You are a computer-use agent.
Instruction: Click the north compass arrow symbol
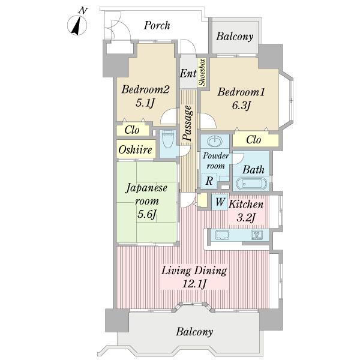(x=77, y=24)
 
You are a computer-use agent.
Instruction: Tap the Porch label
(x=157, y=25)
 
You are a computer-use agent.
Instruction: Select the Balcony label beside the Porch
(x=235, y=37)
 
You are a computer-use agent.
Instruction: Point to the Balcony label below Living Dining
(x=195, y=331)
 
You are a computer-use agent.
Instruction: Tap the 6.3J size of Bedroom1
(x=241, y=106)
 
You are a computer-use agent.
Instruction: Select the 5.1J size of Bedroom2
(x=145, y=103)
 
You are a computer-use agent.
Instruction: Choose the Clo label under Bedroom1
(x=254, y=140)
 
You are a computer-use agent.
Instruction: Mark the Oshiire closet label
(x=134, y=149)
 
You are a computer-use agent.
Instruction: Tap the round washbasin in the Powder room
(x=214, y=143)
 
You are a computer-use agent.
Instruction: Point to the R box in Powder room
(x=208, y=179)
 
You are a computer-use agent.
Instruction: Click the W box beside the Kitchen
(x=220, y=202)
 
